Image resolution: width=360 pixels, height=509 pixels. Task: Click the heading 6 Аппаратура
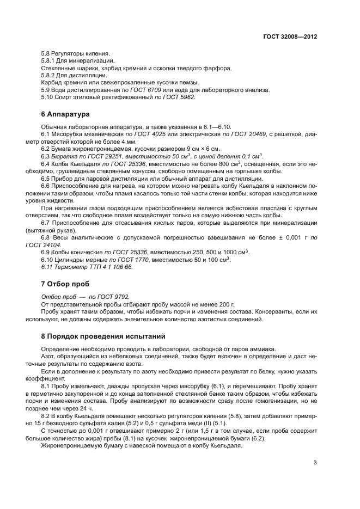64,114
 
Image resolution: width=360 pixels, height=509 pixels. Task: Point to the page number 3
315,463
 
